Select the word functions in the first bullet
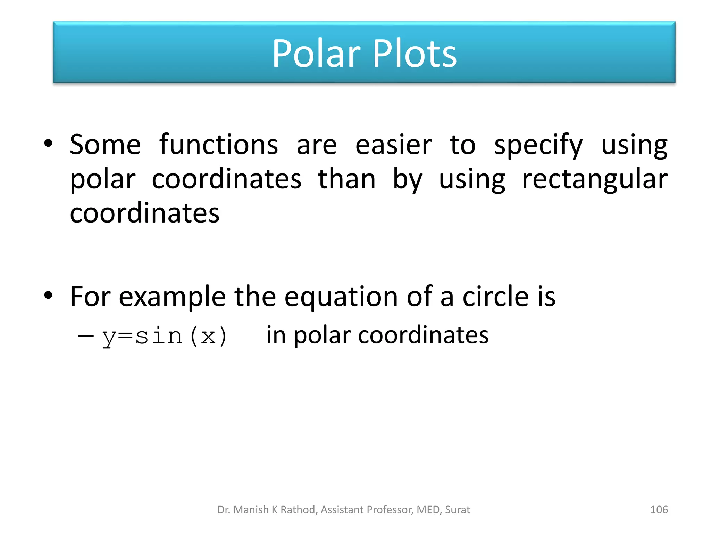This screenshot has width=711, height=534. pyautogui.click(x=218, y=145)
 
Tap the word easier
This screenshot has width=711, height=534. pyautogui.click(x=393, y=145)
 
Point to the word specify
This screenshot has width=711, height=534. pyautogui.click(x=538, y=145)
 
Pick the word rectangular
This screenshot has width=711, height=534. pyautogui.click(x=595, y=179)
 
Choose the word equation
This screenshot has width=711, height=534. pyautogui.click(x=341, y=297)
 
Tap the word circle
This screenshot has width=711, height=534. pyautogui.click(x=495, y=296)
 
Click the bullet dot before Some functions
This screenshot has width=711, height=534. pyautogui.click(x=48, y=143)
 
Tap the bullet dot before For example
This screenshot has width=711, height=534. pyautogui.click(x=48, y=296)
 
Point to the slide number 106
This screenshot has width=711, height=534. pyautogui.click(x=659, y=510)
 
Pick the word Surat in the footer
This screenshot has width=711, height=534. pyautogui.click(x=457, y=510)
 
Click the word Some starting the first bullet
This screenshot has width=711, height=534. pyautogui.click(x=105, y=145)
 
